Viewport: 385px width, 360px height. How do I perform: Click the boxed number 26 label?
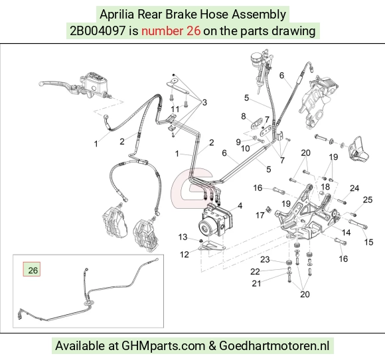(x=32, y=269)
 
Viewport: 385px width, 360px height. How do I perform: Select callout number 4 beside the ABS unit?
(x=240, y=206)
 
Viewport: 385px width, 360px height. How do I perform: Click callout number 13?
(x=183, y=237)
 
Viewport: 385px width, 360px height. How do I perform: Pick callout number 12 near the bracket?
(x=184, y=255)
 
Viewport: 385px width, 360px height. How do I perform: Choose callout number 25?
(x=368, y=200)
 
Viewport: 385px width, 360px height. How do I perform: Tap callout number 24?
(x=354, y=188)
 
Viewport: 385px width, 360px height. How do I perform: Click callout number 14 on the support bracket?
(x=346, y=232)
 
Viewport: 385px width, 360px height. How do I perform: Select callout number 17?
(x=260, y=215)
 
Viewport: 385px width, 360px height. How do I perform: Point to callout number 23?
(x=265, y=259)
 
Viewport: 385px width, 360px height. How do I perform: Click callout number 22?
(x=255, y=271)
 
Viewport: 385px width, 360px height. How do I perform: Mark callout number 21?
(x=256, y=283)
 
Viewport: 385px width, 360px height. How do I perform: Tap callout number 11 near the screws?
(x=175, y=109)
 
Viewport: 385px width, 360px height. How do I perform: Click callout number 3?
(x=204, y=102)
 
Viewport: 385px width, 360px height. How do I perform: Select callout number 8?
(x=244, y=116)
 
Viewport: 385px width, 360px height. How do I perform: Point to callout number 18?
(x=325, y=187)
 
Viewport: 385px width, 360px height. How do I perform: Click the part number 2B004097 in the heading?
(x=98, y=31)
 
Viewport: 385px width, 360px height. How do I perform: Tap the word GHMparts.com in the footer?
(x=163, y=346)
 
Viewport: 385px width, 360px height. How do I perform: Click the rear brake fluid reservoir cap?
(x=257, y=58)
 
